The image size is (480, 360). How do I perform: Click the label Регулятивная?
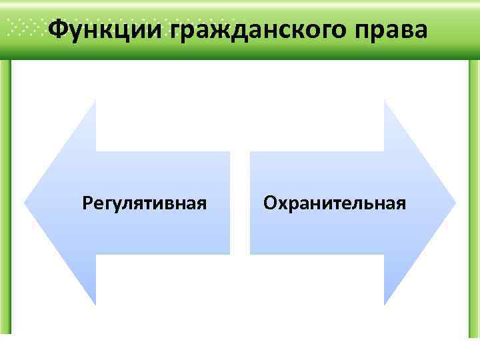[144, 202]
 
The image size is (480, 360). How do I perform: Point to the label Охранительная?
[334, 202]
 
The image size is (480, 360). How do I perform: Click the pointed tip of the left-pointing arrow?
[25, 202]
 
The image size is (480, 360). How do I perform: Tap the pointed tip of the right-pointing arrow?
[455, 202]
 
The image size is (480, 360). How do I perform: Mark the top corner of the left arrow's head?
[95, 100]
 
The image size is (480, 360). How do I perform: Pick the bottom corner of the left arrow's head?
[95, 305]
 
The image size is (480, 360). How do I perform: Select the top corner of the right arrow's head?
[385, 100]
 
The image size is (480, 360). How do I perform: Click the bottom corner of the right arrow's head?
[385, 305]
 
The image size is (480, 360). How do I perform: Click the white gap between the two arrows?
[240, 202]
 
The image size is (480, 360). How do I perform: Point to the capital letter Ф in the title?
[59, 29]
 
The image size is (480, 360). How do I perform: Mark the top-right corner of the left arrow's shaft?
[230, 152]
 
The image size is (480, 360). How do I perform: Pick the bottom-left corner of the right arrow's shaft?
[250, 253]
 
